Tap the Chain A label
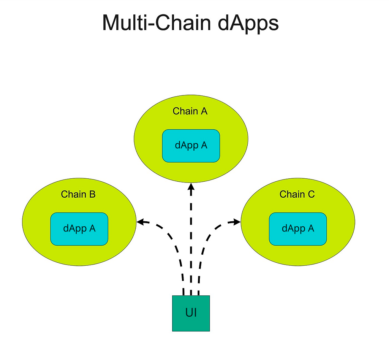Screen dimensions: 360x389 coord(190,111)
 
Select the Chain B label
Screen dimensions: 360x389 coord(78,194)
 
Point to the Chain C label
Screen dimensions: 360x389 coord(297,194)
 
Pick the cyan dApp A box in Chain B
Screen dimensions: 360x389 coord(79,238)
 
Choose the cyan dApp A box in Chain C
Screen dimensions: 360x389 coord(298,238)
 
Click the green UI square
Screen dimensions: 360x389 coord(191,323)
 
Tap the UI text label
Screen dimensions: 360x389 coord(191,313)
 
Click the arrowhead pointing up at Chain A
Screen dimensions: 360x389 coord(191,187)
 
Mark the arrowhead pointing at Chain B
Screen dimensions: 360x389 coord(140,222)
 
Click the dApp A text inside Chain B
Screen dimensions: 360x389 coord(79,228)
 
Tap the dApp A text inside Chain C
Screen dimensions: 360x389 coord(298,228)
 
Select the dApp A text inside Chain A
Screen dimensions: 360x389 coord(191,146)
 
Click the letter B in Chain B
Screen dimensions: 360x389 coord(92,194)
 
